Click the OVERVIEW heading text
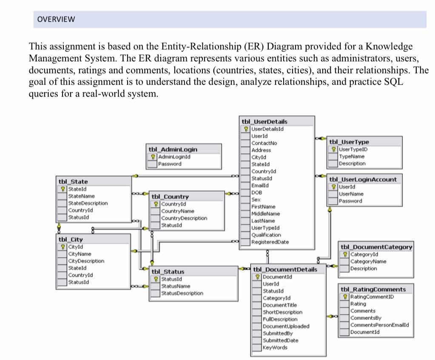(56, 19)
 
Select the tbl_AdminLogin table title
(172, 149)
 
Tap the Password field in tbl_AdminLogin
(170, 164)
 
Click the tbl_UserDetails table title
(264, 121)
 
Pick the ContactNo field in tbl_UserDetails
(264, 143)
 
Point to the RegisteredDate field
(270, 242)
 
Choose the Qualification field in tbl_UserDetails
(266, 234)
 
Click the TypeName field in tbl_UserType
(352, 156)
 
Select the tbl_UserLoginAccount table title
(363, 180)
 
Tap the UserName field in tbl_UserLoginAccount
(351, 194)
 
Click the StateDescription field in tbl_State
(88, 203)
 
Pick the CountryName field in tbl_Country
(177, 211)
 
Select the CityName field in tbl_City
(80, 254)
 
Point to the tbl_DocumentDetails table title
(285, 269)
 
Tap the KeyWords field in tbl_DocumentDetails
(275, 347)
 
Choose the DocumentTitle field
(280, 305)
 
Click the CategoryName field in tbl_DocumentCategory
(368, 261)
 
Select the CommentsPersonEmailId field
(380, 325)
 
